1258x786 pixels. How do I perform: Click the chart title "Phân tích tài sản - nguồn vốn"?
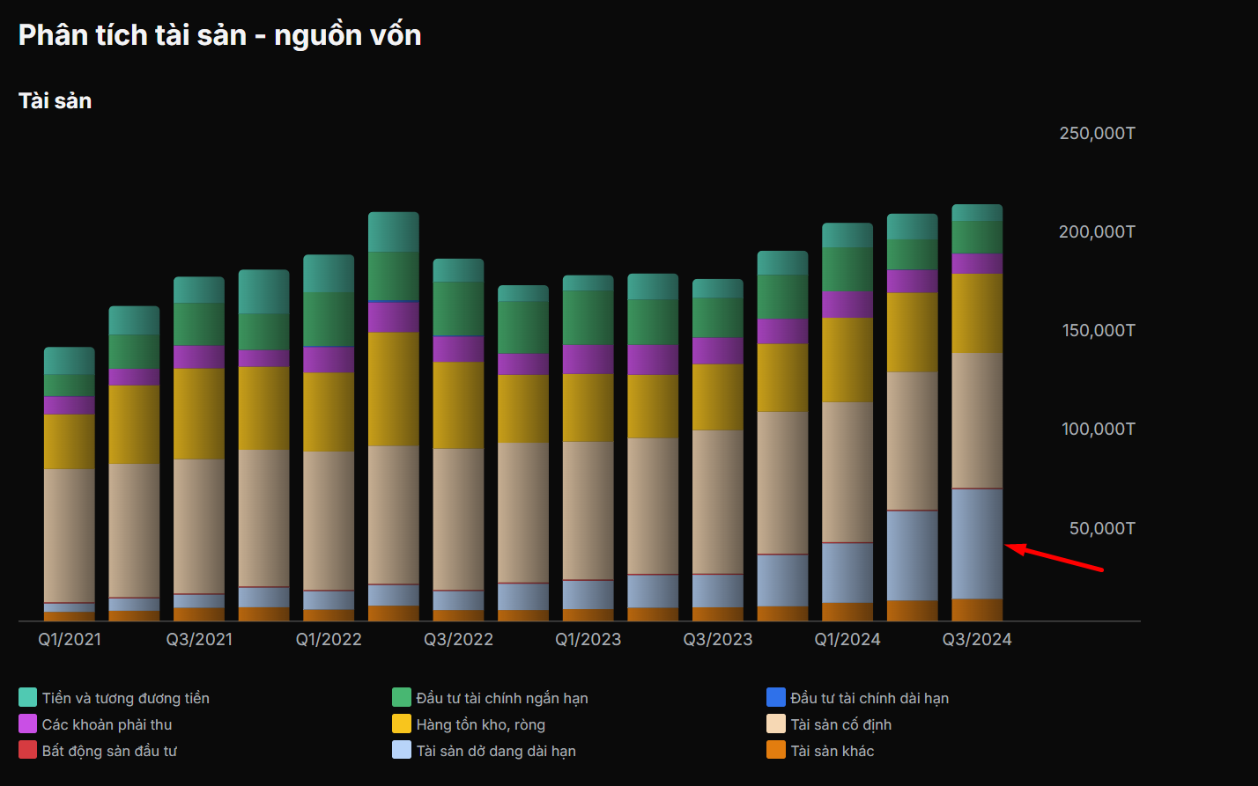[x=219, y=35]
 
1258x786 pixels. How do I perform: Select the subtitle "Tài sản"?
[x=55, y=101]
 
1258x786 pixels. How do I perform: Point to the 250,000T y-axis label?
[x=1097, y=133]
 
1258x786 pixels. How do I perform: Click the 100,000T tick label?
[x=1097, y=429]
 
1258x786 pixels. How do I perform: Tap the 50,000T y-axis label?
[x=1102, y=528]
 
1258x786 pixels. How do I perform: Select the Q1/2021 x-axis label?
[x=70, y=640]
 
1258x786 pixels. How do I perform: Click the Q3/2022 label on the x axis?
[x=458, y=640]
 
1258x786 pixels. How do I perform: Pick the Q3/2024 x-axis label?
[x=977, y=640]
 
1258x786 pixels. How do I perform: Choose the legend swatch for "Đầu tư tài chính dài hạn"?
[x=775, y=698]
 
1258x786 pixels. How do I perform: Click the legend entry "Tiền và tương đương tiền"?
[x=125, y=698]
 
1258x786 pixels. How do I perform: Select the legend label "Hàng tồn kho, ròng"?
[x=480, y=724]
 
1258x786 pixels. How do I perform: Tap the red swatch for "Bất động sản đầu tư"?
[x=27, y=751]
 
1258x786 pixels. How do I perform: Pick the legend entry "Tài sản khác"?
[x=832, y=751]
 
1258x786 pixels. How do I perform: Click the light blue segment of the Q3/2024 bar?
[x=977, y=544]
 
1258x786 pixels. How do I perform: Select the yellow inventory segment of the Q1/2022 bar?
[x=329, y=412]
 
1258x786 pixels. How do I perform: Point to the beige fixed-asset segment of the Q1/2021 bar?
[x=70, y=535]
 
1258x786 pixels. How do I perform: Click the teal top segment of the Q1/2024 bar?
[x=847, y=235]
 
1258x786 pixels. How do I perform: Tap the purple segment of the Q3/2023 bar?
[x=718, y=350]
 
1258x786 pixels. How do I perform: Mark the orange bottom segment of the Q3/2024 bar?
[x=977, y=610]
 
